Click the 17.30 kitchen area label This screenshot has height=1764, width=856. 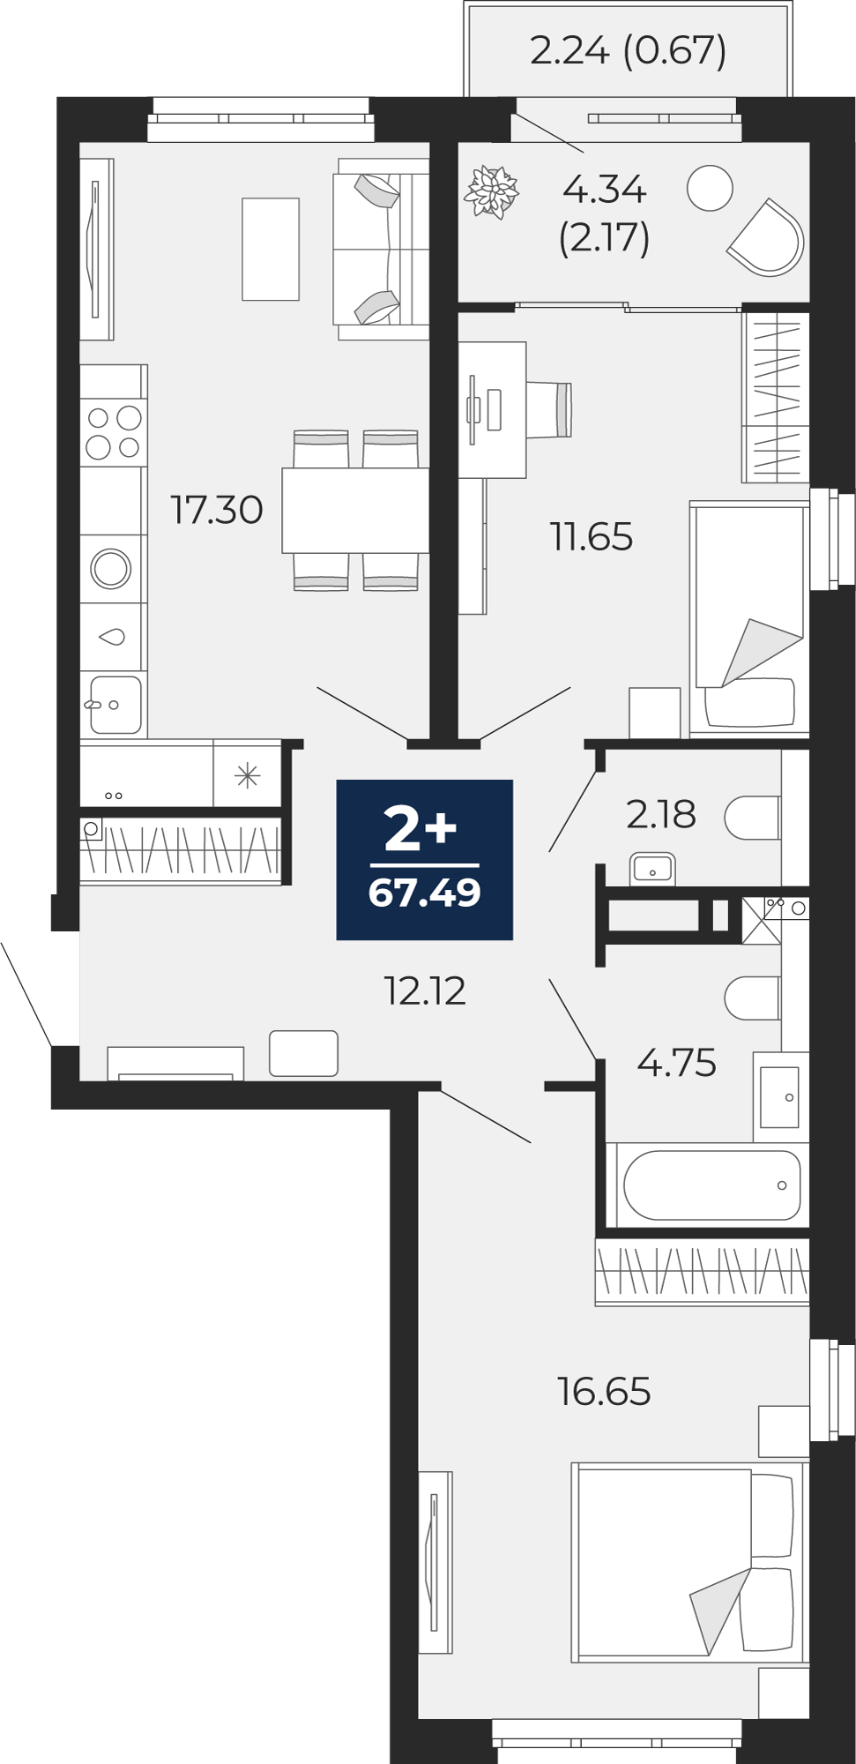point(216,510)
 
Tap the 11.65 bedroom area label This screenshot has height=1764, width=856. point(592,536)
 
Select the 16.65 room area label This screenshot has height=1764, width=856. point(604,1391)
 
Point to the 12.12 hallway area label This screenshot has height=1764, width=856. point(425,990)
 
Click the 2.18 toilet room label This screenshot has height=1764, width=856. point(661,814)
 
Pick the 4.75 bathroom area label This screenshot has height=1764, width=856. point(677,1063)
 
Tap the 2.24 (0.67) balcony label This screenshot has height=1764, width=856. point(629,50)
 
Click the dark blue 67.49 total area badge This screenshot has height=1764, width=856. point(425,860)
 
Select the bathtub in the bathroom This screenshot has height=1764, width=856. point(712,1185)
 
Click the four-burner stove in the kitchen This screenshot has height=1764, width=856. point(114,433)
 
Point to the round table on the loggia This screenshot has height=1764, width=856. point(710,188)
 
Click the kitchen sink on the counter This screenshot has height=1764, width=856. point(115,704)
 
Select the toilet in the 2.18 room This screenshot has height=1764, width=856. point(753,818)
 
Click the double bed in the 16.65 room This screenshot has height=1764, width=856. point(688,1562)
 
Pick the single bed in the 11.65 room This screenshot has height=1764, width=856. point(749,617)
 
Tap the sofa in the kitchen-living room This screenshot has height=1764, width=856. point(381,249)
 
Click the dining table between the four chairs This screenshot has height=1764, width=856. point(355,510)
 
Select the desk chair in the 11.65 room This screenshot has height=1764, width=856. point(549,409)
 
